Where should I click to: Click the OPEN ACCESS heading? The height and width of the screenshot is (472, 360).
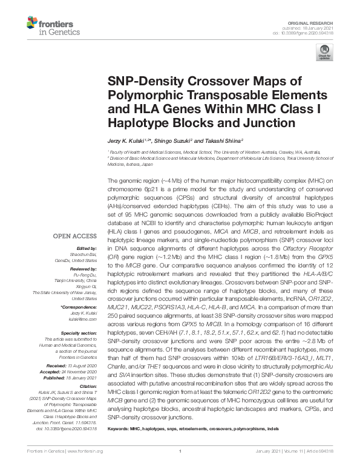point(78,236)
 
